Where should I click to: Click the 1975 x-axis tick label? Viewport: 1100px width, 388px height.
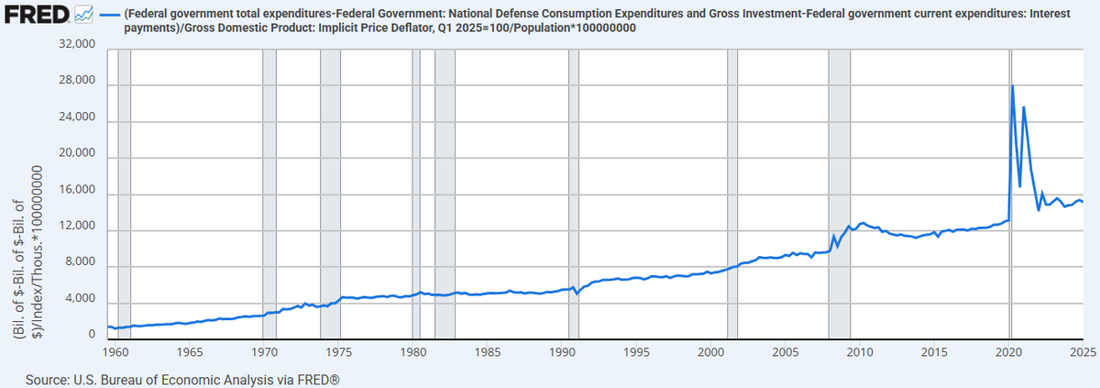coord(339,352)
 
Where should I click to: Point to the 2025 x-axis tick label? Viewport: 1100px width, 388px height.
coord(1082,352)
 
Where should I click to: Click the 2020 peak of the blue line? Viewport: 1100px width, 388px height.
coord(1012,86)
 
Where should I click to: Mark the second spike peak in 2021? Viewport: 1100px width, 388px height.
coord(1024,108)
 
